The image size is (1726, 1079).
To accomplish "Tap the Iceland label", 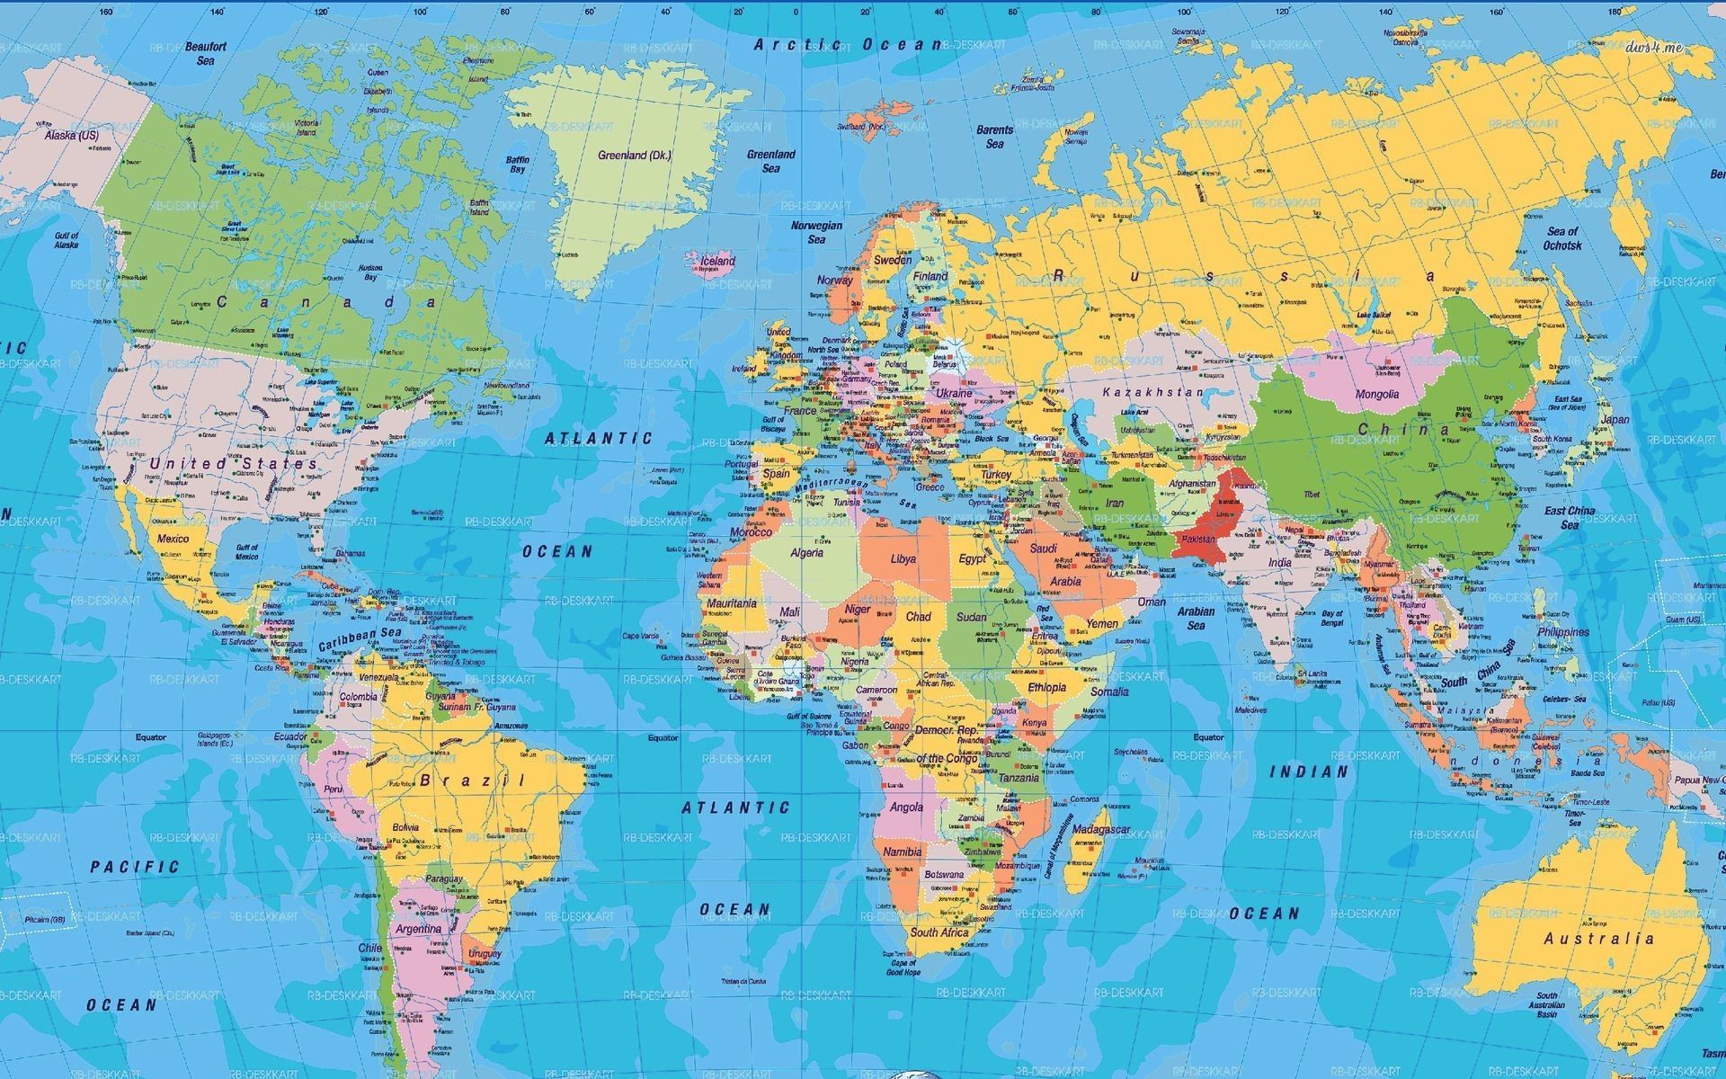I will click(x=717, y=262).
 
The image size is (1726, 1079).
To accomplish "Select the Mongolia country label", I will click(x=1377, y=394).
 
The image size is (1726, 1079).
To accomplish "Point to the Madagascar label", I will click(x=1101, y=828).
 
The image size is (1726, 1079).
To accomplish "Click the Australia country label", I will click(x=1598, y=939).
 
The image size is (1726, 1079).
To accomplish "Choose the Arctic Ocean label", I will click(x=847, y=44).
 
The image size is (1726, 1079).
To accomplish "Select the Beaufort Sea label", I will click(x=206, y=53).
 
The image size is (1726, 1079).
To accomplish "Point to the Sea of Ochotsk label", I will click(x=1562, y=238).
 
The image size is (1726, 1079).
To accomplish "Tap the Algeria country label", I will click(x=806, y=553).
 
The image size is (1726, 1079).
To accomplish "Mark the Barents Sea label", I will click(x=994, y=137).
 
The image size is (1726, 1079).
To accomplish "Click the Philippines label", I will click(x=1562, y=632).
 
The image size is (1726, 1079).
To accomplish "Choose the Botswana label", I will click(x=944, y=874).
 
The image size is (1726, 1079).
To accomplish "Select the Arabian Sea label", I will click(x=1195, y=618).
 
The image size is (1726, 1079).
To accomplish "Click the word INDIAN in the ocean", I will click(x=1309, y=771).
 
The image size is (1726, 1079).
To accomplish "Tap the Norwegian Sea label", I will click(x=816, y=232).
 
